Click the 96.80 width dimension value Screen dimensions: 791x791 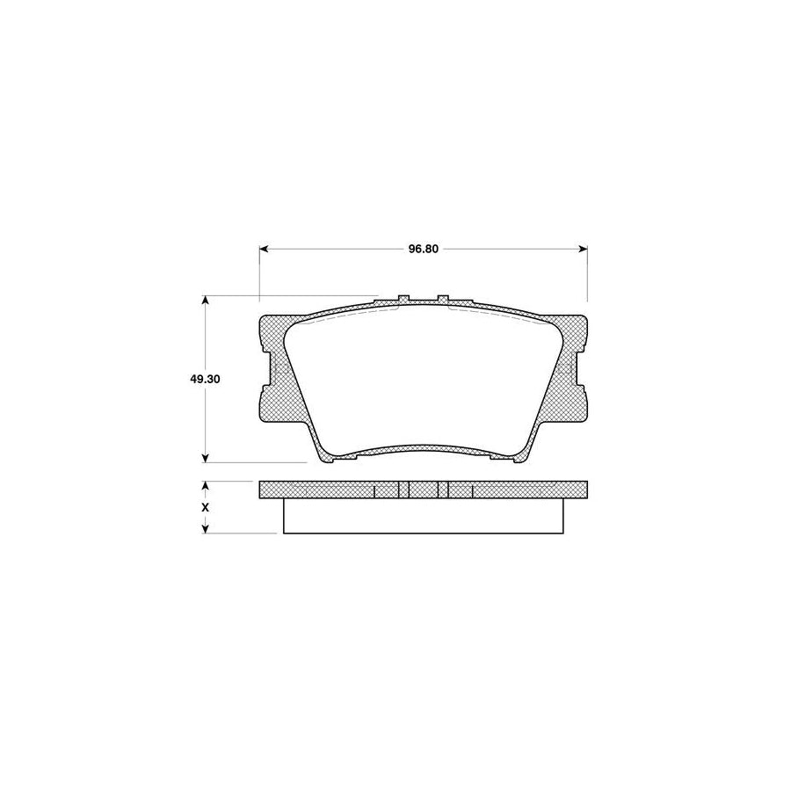423,249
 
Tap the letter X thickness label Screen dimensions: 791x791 206,508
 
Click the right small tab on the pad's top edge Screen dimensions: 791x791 444,300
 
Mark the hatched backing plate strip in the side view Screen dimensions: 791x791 334,490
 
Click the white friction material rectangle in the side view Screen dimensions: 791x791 423,516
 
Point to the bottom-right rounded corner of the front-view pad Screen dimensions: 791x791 525,454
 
